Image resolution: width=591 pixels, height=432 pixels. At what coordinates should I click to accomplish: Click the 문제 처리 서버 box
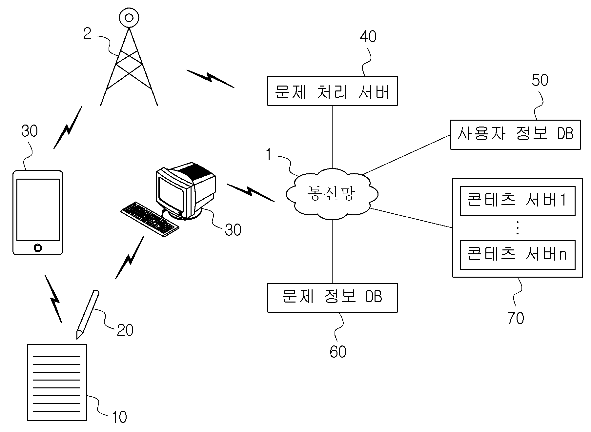pos(332,91)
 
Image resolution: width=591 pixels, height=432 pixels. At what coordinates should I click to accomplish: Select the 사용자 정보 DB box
pos(515,135)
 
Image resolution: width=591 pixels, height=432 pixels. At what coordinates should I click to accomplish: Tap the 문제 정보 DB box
pos(332,298)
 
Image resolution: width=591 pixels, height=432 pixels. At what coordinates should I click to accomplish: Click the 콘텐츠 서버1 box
pos(518,201)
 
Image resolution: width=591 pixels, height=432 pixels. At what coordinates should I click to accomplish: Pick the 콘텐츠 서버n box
pos(518,255)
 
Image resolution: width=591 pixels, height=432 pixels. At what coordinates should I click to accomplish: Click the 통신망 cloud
pos(332,193)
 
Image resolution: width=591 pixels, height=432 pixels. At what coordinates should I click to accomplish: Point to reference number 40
pos(368,37)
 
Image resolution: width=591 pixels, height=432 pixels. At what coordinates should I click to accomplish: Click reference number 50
pos(540,80)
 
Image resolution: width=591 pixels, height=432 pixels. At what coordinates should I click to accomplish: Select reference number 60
pos(338,352)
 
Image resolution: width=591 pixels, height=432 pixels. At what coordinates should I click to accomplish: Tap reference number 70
pos(516,318)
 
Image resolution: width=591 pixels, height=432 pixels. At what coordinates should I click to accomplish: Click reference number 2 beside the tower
pos(87,34)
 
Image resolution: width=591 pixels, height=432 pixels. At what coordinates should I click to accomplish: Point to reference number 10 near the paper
pos(119,417)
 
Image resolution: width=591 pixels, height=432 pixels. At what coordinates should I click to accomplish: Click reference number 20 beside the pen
pos(125,330)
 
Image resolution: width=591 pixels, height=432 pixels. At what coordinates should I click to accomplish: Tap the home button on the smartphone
pos(38,247)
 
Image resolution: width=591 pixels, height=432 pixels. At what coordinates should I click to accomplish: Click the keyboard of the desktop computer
pos(150,219)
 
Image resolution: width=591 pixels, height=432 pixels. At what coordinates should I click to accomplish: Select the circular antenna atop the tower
pos(129,17)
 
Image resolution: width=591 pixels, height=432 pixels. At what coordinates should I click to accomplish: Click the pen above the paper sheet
pos(88,314)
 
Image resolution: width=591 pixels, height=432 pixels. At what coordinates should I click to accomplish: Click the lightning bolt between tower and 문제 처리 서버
pos(210,79)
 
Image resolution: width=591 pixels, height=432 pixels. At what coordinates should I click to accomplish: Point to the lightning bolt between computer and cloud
pos(251,192)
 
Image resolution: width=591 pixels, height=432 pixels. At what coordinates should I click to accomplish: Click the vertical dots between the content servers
pos(518,228)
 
